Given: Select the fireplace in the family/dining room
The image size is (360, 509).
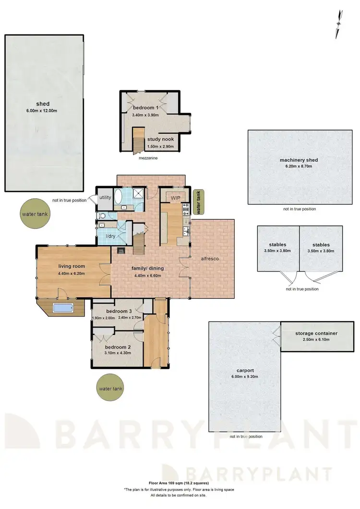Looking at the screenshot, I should click(120, 250).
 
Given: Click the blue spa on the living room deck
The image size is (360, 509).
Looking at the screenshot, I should click(62, 308).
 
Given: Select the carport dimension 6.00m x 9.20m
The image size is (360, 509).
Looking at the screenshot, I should click(244, 377).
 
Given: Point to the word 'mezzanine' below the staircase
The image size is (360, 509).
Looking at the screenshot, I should click(147, 157).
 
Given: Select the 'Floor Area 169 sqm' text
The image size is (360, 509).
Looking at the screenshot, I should click(180, 484).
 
